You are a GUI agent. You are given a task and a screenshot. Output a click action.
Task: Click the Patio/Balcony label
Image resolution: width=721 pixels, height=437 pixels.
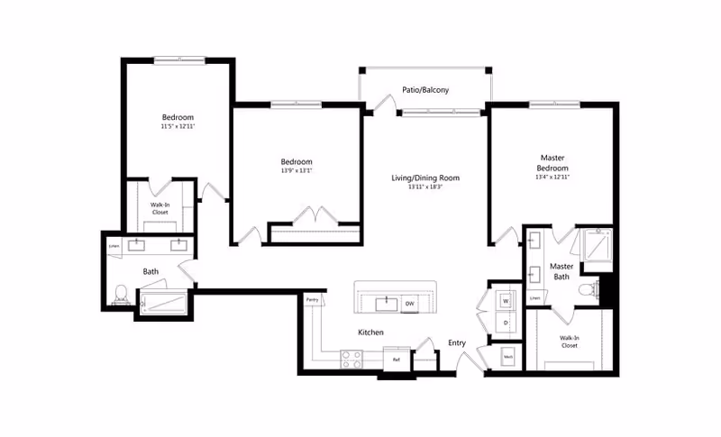click(x=425, y=90)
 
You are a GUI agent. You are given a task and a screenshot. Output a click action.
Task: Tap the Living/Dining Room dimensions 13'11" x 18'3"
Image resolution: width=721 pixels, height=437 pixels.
click(x=425, y=187)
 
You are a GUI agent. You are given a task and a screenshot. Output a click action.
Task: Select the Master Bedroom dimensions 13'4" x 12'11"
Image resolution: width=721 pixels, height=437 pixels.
click(x=553, y=177)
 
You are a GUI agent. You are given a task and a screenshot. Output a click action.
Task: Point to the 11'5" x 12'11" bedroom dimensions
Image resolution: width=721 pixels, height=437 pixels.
click(x=178, y=127)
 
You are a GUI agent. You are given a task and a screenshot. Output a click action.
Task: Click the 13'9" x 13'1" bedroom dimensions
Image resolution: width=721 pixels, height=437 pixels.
click(x=297, y=171)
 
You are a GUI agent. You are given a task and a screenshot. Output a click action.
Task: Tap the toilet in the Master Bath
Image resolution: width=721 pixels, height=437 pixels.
click(x=588, y=289)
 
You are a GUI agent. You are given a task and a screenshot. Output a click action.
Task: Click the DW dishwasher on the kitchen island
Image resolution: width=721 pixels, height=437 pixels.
click(x=410, y=303)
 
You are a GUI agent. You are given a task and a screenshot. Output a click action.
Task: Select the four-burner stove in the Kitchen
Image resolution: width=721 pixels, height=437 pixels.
click(x=351, y=358)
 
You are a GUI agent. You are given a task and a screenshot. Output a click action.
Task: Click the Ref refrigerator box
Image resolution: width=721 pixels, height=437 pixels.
click(x=395, y=359)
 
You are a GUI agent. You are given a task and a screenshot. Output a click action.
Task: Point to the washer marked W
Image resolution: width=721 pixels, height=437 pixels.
click(x=505, y=301)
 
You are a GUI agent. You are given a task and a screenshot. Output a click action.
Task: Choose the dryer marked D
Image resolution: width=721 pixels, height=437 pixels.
click(x=505, y=323)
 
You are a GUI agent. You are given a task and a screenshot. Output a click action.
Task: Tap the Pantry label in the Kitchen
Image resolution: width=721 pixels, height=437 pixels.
click(x=312, y=299)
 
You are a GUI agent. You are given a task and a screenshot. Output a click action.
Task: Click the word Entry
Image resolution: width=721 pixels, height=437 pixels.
click(x=457, y=342)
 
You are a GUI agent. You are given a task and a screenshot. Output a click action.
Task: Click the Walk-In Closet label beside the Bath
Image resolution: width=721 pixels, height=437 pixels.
click(x=159, y=208)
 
